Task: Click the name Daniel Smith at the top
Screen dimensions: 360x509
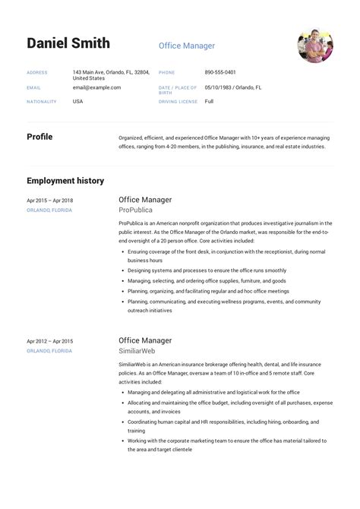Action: click(68, 43)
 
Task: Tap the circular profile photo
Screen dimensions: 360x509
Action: click(314, 45)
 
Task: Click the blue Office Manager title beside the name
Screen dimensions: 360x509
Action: click(186, 46)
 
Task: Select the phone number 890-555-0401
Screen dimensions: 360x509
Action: click(220, 72)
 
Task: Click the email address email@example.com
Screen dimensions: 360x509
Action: click(96, 87)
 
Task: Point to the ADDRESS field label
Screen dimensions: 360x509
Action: click(37, 73)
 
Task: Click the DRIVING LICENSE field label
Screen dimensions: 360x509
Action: click(178, 102)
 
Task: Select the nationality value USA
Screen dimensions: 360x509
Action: click(78, 101)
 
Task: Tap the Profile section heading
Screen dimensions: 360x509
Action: click(39, 137)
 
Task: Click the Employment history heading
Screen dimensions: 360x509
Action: click(65, 181)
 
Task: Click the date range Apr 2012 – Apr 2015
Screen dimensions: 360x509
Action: click(50, 341)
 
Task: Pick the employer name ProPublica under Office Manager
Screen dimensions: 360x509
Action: click(135, 210)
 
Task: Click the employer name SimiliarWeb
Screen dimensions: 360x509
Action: click(137, 351)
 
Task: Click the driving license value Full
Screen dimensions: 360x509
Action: click(210, 101)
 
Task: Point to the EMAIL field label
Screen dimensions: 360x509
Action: click(33, 87)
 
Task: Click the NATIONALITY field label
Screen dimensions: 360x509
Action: click(41, 102)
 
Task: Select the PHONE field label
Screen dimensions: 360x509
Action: click(166, 73)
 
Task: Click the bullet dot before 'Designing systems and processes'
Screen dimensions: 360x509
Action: click(122, 270)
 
